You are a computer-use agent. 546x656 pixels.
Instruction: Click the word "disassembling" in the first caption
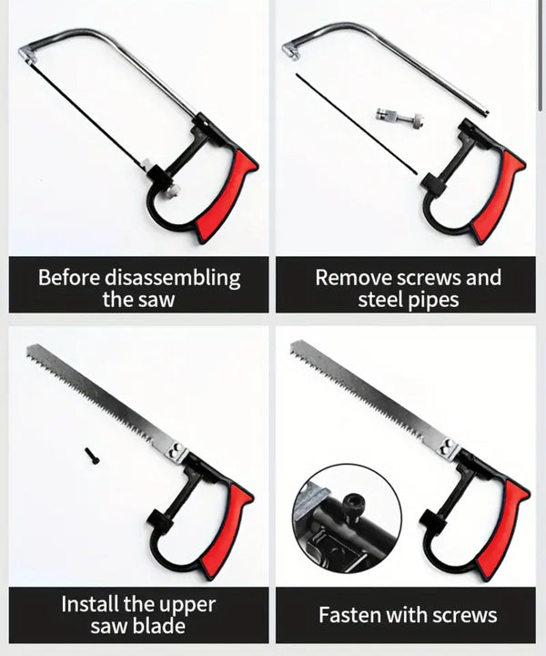[x=172, y=278]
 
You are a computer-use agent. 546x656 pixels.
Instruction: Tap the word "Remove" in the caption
[x=354, y=278]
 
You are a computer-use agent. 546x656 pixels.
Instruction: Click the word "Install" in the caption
[x=89, y=604]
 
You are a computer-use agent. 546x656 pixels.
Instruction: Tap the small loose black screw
[x=92, y=456]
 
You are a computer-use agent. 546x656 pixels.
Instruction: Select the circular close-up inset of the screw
[x=347, y=518]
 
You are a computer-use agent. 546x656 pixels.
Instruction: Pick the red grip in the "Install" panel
[x=227, y=531]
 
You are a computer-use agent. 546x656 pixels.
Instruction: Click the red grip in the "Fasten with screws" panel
[x=501, y=529]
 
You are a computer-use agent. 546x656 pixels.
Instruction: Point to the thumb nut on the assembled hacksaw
[x=172, y=192]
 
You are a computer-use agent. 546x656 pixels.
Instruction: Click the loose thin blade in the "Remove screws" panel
[x=357, y=124]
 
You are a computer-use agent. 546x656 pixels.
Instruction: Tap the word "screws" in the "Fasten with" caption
[x=464, y=615]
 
